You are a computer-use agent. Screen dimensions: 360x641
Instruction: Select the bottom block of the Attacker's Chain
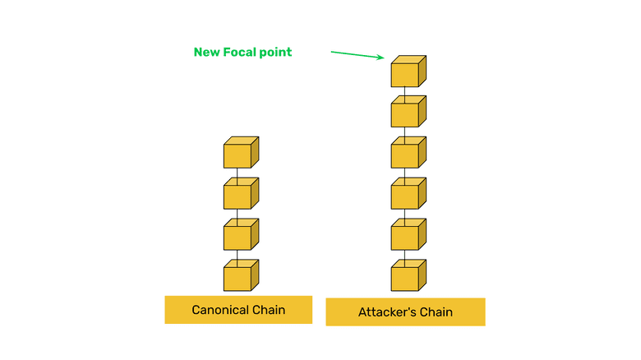point(408,276)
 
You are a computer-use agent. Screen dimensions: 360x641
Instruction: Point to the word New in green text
point(207,52)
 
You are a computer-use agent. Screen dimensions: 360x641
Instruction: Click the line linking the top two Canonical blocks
point(237,174)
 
